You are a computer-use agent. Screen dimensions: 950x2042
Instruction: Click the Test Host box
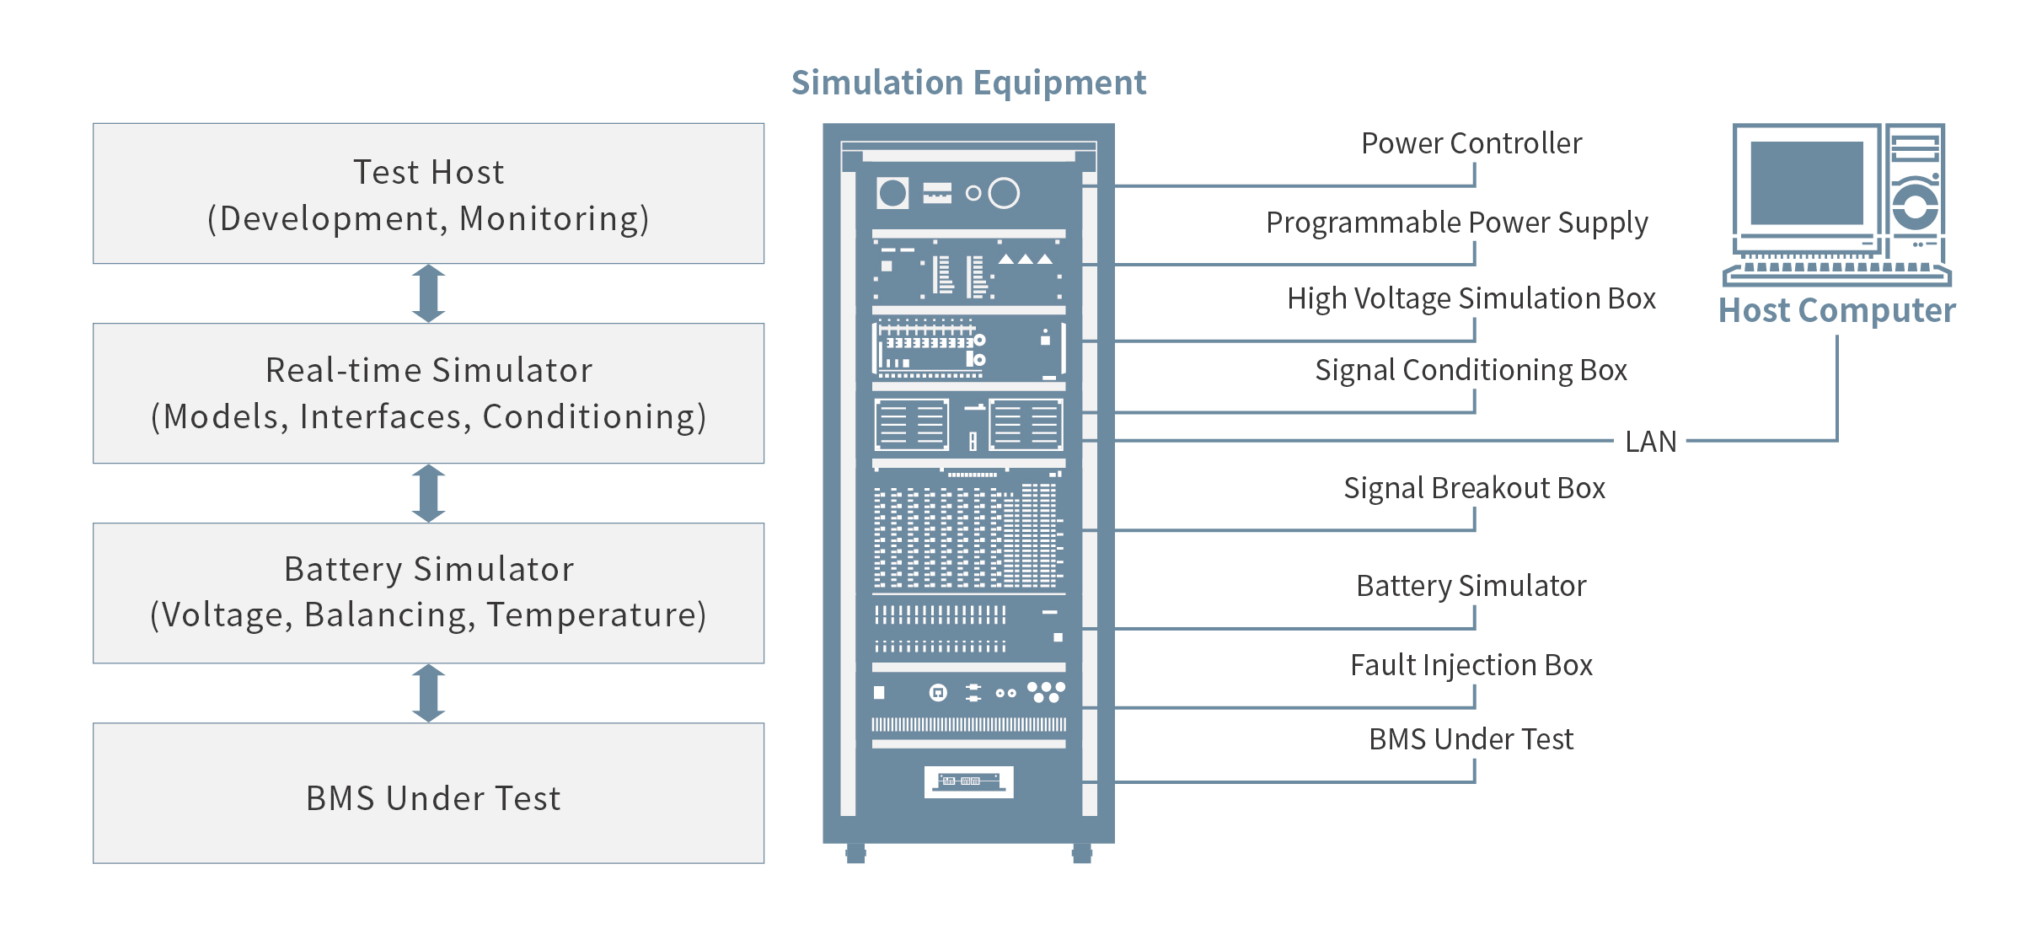pyautogui.click(x=428, y=194)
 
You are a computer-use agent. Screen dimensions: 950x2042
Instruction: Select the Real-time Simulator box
pyautogui.click(x=428, y=393)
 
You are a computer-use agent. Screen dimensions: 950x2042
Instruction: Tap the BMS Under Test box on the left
pyautogui.click(x=428, y=793)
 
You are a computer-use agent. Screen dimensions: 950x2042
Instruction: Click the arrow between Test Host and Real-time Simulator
pyautogui.click(x=428, y=293)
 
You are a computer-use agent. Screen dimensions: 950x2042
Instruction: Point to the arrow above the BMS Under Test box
pyautogui.click(x=428, y=693)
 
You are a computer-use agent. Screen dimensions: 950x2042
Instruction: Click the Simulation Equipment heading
pyautogui.click(x=968, y=83)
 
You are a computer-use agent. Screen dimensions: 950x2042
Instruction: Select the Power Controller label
pyautogui.click(x=1471, y=143)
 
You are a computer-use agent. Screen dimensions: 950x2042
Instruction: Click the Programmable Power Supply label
pyautogui.click(x=1456, y=223)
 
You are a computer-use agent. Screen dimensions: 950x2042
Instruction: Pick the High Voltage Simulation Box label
pyautogui.click(x=1471, y=298)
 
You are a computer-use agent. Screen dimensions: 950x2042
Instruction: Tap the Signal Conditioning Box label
pyautogui.click(x=1471, y=370)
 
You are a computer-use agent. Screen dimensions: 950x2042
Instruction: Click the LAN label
pyautogui.click(x=1650, y=442)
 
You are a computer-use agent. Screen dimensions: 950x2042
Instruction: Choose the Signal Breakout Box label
pyautogui.click(x=1474, y=488)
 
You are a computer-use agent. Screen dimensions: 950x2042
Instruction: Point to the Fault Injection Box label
pyautogui.click(x=1471, y=665)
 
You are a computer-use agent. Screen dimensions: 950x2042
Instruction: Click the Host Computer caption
pyautogui.click(x=1836, y=310)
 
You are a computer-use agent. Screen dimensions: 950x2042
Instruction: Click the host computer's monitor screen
pyautogui.click(x=1806, y=182)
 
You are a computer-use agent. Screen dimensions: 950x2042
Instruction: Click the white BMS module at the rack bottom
pyautogui.click(x=968, y=781)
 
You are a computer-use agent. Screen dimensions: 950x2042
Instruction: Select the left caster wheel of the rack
pyautogui.click(x=855, y=853)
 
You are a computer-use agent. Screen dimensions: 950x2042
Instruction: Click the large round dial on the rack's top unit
pyautogui.click(x=1004, y=193)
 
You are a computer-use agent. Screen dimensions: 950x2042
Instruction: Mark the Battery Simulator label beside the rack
pyautogui.click(x=1471, y=586)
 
